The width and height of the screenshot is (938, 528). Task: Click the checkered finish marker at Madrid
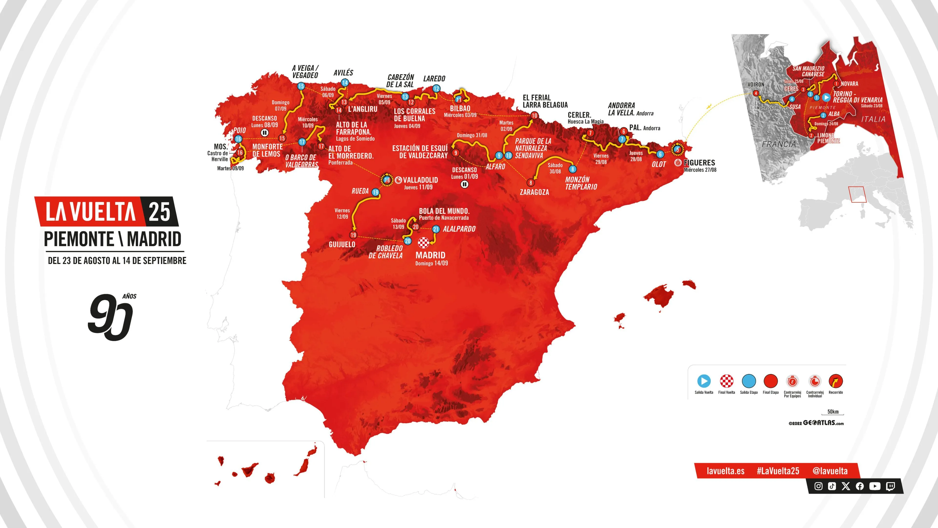tap(424, 242)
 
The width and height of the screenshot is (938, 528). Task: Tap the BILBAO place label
tap(460, 109)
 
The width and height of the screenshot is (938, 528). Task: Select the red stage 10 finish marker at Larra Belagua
tap(534, 116)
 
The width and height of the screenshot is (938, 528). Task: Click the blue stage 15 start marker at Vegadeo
tap(301, 86)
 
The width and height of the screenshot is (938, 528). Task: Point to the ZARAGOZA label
tap(534, 192)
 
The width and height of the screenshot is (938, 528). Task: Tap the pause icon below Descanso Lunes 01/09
tap(464, 184)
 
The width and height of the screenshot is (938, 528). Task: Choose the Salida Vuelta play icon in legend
tap(703, 381)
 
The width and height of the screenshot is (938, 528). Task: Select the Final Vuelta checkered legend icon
tap(726, 381)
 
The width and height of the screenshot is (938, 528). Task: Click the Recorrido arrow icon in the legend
tap(835, 381)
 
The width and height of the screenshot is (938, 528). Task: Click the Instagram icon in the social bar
tap(818, 486)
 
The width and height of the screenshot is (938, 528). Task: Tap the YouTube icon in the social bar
tap(875, 486)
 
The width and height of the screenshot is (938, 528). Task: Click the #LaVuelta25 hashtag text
tap(778, 471)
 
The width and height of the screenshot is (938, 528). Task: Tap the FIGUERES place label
tap(699, 163)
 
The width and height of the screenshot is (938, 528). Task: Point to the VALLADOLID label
tap(420, 180)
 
